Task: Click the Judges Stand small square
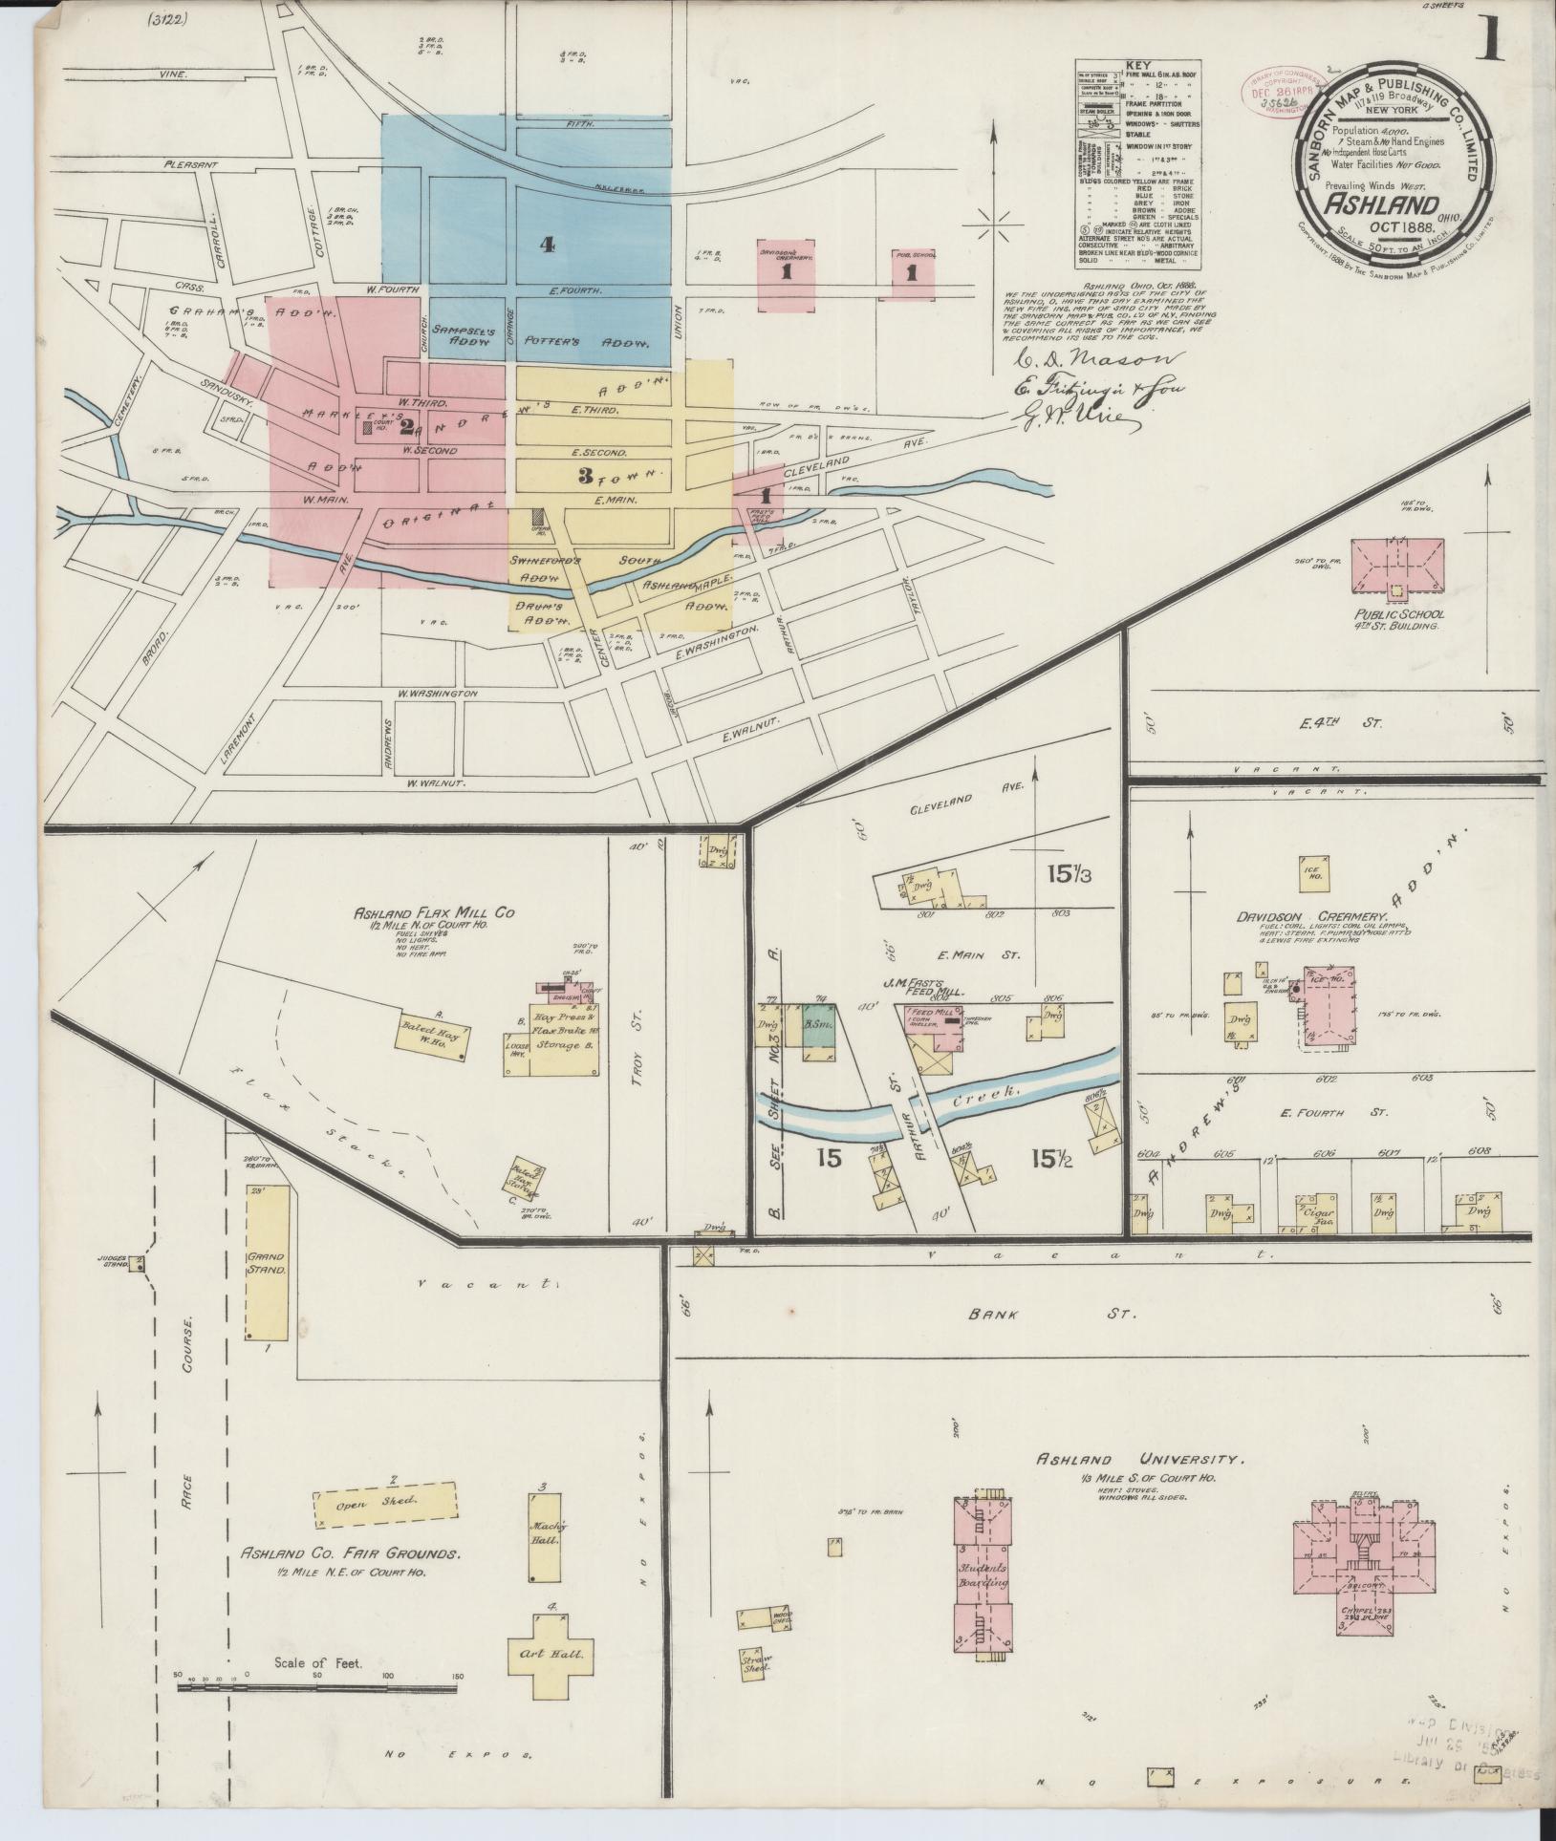pos(139,1263)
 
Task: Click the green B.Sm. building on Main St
pos(819,1024)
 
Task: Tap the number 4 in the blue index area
pos(546,245)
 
